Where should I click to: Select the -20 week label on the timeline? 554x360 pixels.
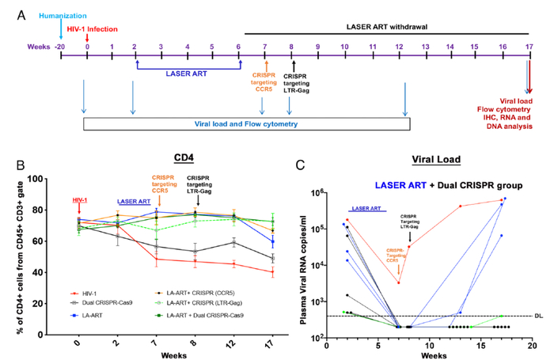(x=60, y=47)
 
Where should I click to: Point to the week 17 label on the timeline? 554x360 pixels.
(x=527, y=47)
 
